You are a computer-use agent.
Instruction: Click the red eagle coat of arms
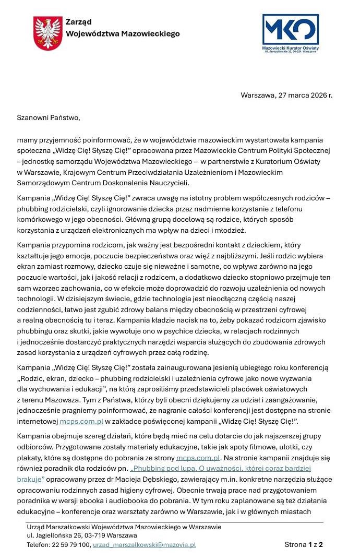[x=48, y=33]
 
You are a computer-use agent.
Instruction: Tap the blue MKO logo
[x=290, y=30]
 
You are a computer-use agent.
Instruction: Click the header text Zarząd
[x=79, y=21]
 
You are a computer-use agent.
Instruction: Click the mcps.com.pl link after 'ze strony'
[x=198, y=458]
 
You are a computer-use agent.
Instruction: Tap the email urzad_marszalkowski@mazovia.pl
[x=144, y=544]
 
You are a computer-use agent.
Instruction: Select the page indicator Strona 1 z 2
[x=304, y=544]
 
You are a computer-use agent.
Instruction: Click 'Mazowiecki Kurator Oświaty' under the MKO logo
[x=290, y=47]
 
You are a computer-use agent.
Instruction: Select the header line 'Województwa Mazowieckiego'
[x=123, y=33]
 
